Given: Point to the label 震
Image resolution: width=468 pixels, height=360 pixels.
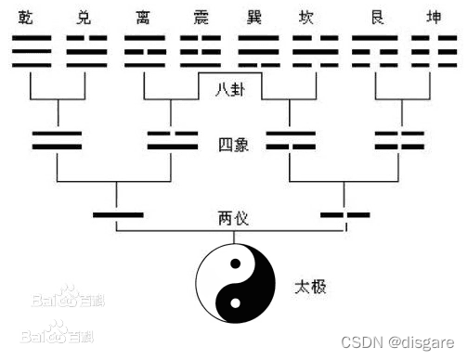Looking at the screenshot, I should click(x=200, y=17).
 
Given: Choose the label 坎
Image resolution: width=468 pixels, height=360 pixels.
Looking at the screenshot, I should click(x=310, y=17).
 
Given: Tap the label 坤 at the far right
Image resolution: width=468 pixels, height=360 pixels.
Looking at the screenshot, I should click(x=426, y=17).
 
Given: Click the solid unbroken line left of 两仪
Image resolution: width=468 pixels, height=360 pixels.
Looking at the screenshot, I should click(x=118, y=215).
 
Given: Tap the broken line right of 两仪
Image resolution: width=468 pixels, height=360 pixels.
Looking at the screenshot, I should click(x=344, y=215).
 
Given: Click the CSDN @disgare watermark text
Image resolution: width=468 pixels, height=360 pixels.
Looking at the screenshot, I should click(x=403, y=341).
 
